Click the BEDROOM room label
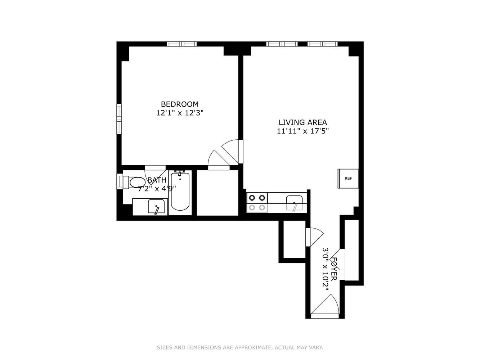tap(180, 104)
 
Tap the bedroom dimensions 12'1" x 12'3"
tap(180, 113)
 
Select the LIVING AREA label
tap(303, 122)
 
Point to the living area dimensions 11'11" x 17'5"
tap(303, 131)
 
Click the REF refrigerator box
tap(348, 178)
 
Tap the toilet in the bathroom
tap(134, 183)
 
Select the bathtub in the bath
tap(180, 191)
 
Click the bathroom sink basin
tap(156, 206)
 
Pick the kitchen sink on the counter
tap(294, 203)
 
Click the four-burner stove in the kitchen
tap(257, 202)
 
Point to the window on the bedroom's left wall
tap(119, 119)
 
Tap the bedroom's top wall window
tap(182, 44)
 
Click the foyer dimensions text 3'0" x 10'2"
tap(326, 269)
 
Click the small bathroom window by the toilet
tap(120, 181)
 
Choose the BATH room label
tap(157, 180)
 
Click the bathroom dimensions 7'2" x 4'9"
tap(157, 188)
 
